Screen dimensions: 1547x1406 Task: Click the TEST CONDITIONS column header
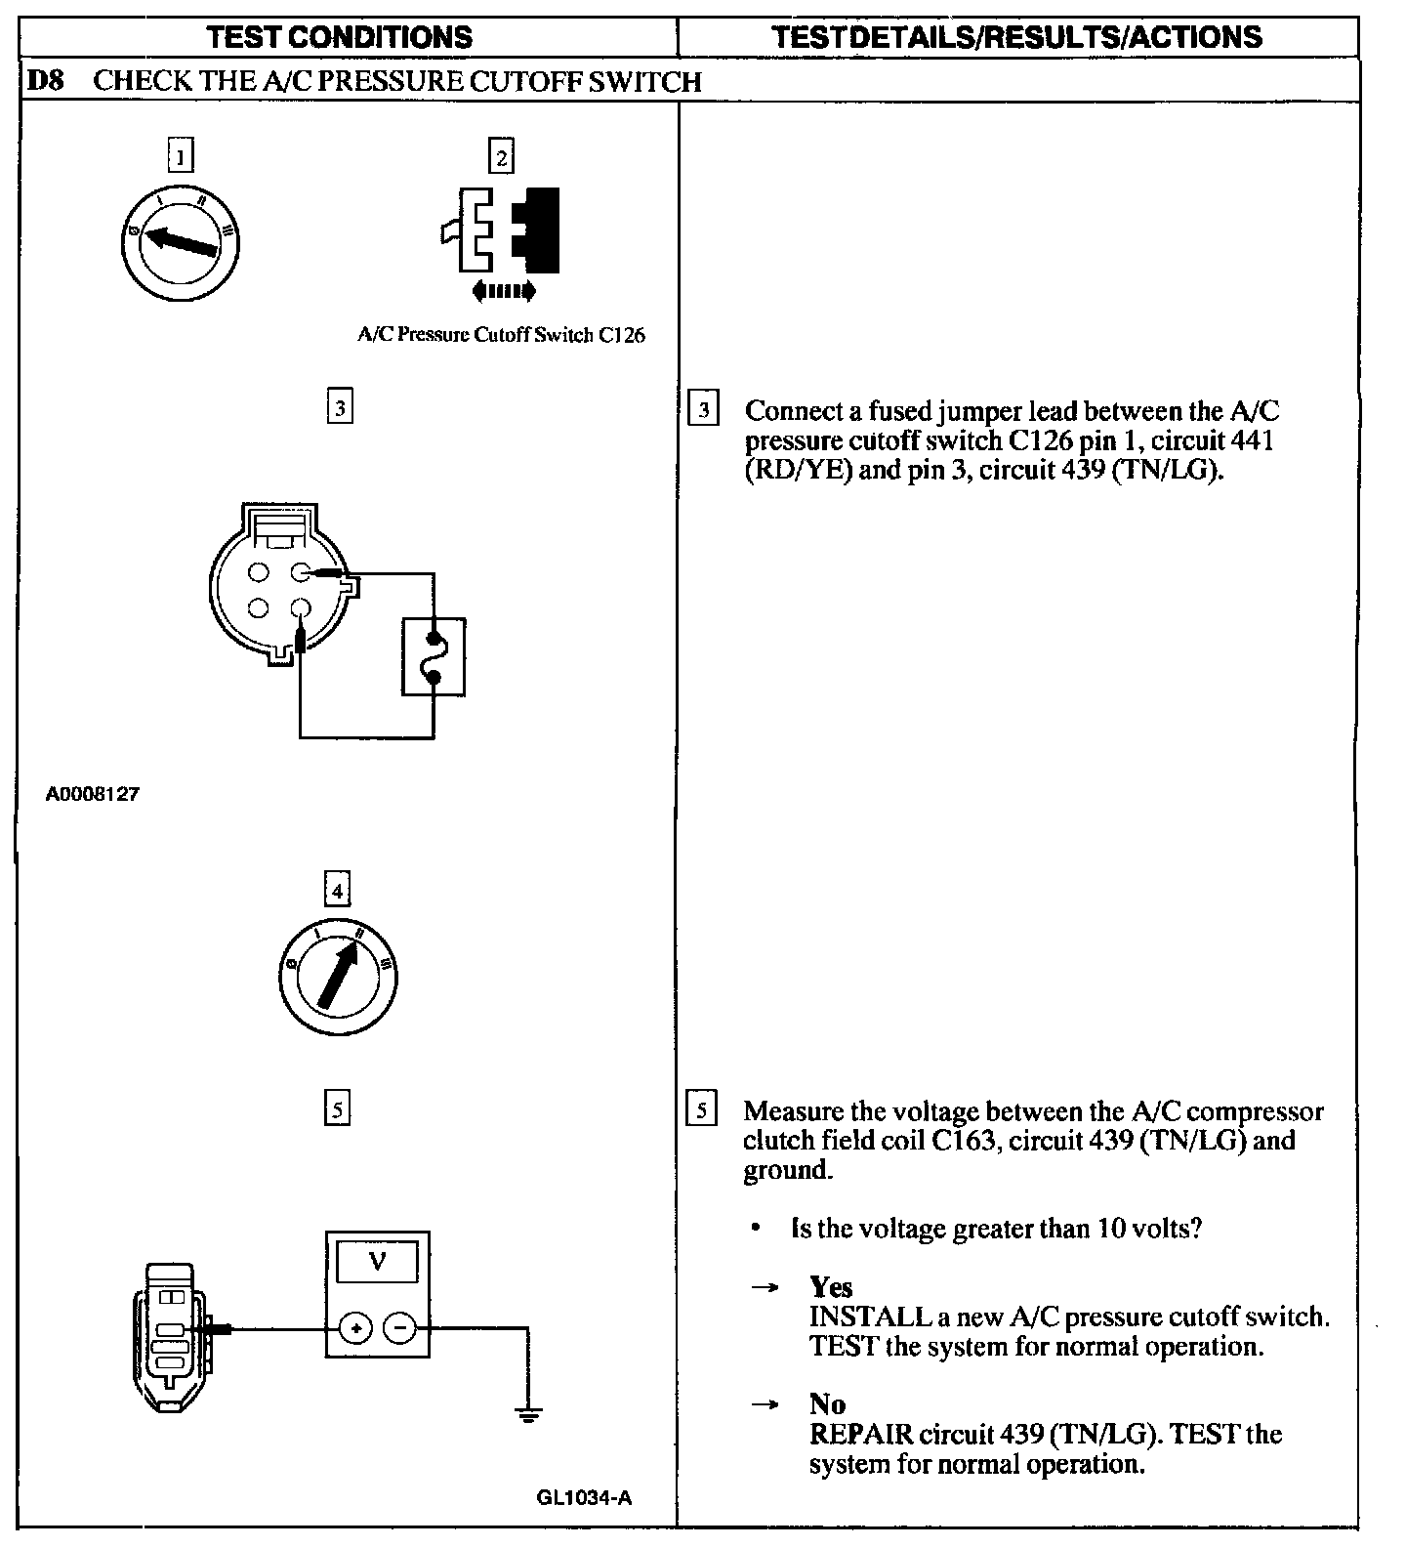[x=340, y=37]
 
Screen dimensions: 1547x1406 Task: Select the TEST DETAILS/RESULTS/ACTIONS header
[x=1016, y=37]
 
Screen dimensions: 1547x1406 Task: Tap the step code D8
[x=44, y=80]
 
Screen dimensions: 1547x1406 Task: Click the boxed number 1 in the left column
[x=181, y=156]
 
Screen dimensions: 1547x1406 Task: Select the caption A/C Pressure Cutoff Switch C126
[x=501, y=335]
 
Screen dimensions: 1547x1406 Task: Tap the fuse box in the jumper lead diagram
[x=434, y=656]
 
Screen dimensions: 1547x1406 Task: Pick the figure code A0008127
[x=92, y=794]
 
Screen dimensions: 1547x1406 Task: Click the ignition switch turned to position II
[x=337, y=976]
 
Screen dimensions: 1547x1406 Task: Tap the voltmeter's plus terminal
[x=355, y=1328]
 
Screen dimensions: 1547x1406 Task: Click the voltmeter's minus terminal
[x=399, y=1328]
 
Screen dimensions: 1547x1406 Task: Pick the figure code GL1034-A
[x=584, y=1497]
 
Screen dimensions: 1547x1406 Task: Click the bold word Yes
[x=831, y=1287]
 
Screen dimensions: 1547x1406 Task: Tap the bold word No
[x=827, y=1404]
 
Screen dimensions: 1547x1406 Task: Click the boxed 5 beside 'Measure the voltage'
[x=701, y=1110]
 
